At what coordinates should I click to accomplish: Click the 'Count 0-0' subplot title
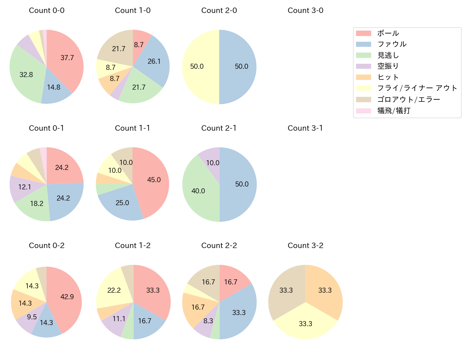click(x=46, y=10)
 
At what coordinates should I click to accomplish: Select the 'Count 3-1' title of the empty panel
click(x=305, y=128)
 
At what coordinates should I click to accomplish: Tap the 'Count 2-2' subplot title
click(x=219, y=246)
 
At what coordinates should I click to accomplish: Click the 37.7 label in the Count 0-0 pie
click(x=67, y=58)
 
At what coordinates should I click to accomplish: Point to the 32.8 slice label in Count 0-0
click(x=26, y=75)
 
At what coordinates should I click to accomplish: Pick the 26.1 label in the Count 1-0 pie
click(x=154, y=61)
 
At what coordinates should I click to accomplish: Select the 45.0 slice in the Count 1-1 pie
click(x=154, y=180)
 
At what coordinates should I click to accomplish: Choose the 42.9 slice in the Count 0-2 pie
click(x=67, y=297)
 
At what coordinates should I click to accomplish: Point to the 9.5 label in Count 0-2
click(x=32, y=317)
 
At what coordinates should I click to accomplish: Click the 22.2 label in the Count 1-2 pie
click(x=114, y=290)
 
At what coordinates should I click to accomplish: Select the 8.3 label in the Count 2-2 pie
click(x=208, y=321)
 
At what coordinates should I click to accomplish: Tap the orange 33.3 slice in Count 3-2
click(x=325, y=290)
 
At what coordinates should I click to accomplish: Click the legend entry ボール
click(x=388, y=33)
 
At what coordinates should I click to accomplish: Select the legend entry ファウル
click(x=392, y=44)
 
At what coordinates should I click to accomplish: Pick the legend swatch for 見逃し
click(x=364, y=55)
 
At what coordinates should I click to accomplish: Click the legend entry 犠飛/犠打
click(x=394, y=111)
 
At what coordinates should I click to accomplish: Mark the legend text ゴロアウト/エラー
click(x=409, y=99)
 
